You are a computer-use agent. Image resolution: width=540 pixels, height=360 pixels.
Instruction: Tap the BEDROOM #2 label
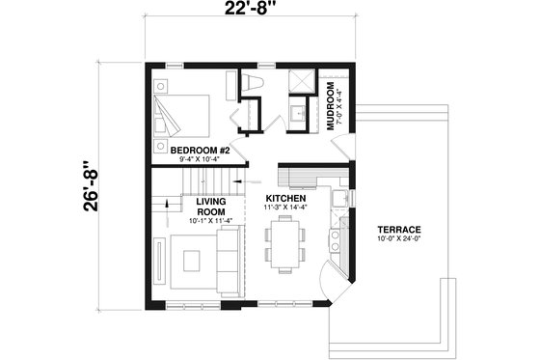coord(198,151)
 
